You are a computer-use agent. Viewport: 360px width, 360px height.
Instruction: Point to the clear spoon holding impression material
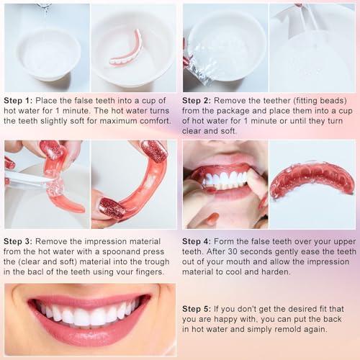29,179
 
